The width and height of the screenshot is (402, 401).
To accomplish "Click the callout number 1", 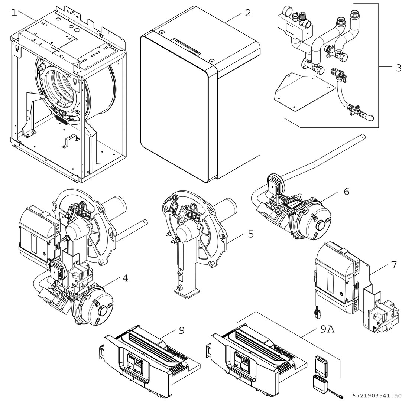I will [x=14, y=13].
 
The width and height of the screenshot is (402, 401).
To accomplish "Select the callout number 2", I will [x=247, y=13].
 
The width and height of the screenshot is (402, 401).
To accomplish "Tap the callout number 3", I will [x=398, y=68].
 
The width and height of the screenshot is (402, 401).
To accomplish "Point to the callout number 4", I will [x=126, y=278].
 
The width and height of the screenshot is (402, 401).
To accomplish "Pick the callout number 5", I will [x=251, y=235].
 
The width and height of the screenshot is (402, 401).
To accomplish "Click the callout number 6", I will [x=346, y=192].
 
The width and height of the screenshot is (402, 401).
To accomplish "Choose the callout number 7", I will [x=394, y=265].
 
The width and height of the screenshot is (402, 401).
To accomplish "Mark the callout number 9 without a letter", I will [x=181, y=330].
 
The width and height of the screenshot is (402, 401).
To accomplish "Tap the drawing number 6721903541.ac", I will [x=376, y=396].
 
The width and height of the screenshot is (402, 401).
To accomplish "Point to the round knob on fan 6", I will [x=321, y=225].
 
